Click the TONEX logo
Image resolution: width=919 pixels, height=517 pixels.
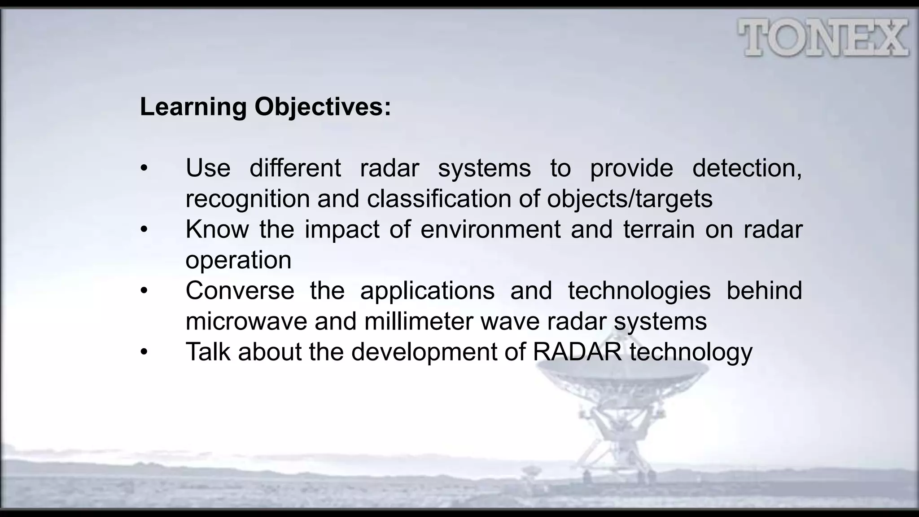pyautogui.click(x=823, y=38)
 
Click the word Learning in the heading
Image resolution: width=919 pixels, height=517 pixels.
pyautogui.click(x=193, y=107)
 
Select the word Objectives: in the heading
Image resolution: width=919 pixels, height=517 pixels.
pyautogui.click(x=323, y=107)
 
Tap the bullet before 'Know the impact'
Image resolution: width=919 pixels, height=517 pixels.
pyautogui.click(x=144, y=230)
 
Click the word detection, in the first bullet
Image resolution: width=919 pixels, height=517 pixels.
pyautogui.click(x=747, y=168)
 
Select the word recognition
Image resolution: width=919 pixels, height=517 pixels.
pyautogui.click(x=247, y=199)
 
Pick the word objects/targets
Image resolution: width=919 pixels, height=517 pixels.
pyautogui.click(x=629, y=199)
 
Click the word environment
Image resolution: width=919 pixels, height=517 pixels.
pyautogui.click(x=490, y=229)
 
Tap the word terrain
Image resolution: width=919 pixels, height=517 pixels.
pyautogui.click(x=659, y=229)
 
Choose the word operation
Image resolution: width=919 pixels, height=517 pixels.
pyautogui.click(x=238, y=260)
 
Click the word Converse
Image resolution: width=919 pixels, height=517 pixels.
pyautogui.click(x=240, y=291)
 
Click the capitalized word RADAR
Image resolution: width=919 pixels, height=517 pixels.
pyautogui.click(x=577, y=352)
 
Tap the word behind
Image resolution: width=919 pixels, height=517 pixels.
pyautogui.click(x=764, y=291)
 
